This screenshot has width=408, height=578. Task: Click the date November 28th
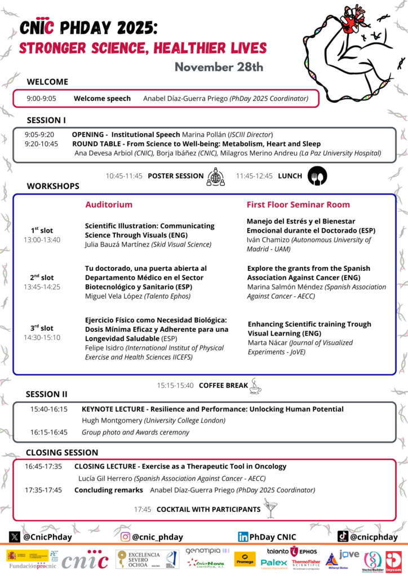point(219,67)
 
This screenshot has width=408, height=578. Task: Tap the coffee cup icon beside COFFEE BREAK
point(256,386)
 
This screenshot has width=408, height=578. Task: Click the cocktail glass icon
point(271,508)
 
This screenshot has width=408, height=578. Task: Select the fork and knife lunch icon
point(317,176)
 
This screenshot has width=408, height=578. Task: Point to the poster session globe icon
point(216,176)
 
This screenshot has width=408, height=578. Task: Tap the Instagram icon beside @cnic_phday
point(126,537)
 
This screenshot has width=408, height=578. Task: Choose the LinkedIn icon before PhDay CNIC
point(243,537)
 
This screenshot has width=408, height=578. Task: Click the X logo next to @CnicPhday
point(15,537)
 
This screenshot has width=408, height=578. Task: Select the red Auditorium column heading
point(109,204)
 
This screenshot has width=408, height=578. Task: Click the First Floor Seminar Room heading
point(298,204)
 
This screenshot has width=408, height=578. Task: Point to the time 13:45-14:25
point(42,287)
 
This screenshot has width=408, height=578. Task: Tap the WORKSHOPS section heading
point(53,186)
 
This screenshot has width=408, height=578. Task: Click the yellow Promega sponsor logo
point(245,559)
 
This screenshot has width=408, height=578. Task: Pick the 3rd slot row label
point(42,328)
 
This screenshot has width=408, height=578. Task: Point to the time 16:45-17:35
point(43,467)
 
